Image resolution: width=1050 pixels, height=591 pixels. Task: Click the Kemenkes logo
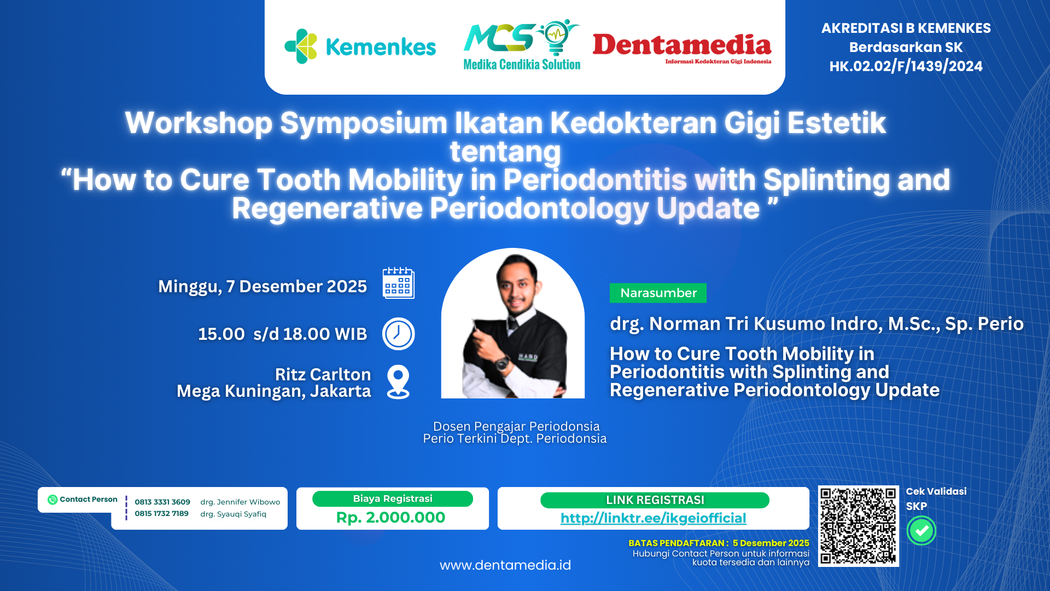[360, 47]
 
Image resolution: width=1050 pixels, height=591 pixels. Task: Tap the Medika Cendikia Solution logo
[522, 46]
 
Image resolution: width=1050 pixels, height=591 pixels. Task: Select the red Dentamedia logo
[682, 47]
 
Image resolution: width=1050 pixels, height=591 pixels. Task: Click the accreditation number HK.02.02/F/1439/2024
[906, 66]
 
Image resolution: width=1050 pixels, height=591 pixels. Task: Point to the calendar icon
[398, 283]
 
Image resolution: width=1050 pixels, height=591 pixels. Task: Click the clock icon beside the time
[398, 334]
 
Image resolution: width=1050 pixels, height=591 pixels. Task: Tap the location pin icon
[398, 381]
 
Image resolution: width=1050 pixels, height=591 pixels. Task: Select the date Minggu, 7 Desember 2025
[262, 286]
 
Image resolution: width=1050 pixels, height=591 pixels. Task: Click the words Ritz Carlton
[323, 374]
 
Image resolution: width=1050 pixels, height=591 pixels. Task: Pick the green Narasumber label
[658, 293]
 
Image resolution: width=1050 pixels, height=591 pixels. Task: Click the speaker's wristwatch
[502, 362]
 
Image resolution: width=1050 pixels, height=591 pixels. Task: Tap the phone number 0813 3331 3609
[162, 502]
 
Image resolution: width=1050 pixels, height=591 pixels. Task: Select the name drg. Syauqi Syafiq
[233, 514]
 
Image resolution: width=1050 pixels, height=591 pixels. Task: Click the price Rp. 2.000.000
[390, 517]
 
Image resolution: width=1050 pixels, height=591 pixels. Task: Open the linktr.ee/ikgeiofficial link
[653, 518]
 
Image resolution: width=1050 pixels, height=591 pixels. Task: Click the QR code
[858, 526]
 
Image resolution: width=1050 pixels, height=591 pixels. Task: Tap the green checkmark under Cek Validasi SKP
[921, 530]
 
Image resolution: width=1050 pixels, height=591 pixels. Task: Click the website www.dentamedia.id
[505, 565]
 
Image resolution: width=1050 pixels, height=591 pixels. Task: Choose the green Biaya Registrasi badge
[392, 499]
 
